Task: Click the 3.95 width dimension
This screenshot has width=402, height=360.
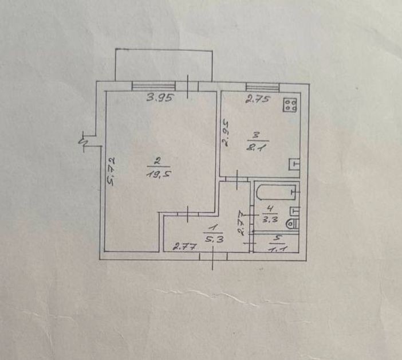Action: click(160, 97)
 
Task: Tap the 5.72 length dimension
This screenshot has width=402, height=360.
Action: click(111, 171)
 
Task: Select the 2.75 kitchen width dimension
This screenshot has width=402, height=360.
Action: click(257, 99)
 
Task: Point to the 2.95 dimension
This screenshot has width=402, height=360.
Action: click(226, 132)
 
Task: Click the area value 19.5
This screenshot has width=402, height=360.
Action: click(159, 174)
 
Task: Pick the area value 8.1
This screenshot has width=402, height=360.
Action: click(257, 148)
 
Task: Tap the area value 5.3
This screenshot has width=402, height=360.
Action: click(215, 239)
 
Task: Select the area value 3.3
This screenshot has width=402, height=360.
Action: click(270, 220)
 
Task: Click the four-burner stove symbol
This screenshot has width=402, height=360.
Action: click(290, 105)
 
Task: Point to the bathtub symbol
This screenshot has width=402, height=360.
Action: click(277, 193)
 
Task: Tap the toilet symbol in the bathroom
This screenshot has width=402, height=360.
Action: click(293, 224)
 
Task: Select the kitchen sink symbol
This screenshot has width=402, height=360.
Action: click(294, 164)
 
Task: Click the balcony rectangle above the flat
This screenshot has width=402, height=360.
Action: click(164, 65)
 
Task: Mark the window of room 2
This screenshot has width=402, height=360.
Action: click(153, 86)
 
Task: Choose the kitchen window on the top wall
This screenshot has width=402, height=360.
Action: click(262, 87)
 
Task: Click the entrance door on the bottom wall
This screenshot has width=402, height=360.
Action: click(213, 256)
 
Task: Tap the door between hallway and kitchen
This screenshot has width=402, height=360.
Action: click(237, 179)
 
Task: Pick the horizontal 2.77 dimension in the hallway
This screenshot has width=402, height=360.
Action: click(184, 247)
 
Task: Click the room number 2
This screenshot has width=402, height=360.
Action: click(157, 162)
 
